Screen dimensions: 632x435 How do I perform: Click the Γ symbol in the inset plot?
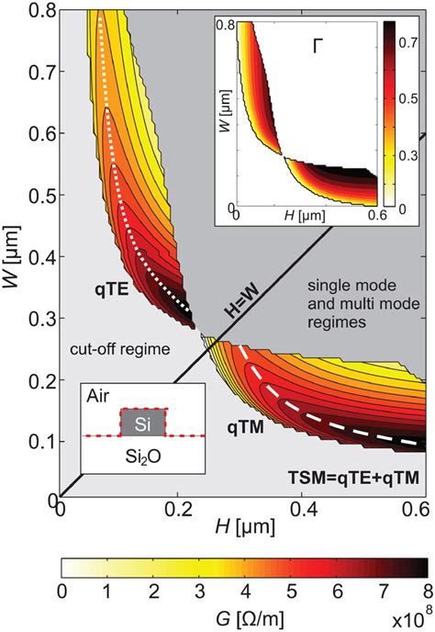[321, 42]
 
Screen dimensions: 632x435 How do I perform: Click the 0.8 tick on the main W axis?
[37, 12]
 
